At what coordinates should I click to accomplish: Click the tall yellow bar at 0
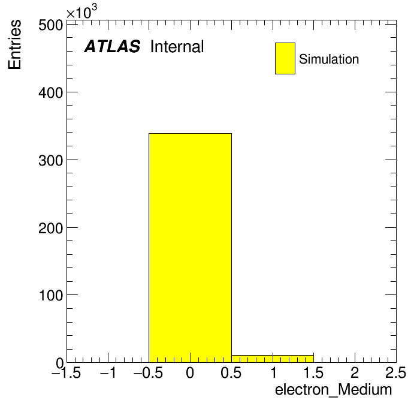point(190,248)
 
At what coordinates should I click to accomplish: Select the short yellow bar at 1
point(273,359)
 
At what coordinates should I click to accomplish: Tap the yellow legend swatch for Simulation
point(285,58)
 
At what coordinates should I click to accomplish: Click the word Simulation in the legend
point(329,59)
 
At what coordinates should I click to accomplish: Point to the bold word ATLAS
point(112,46)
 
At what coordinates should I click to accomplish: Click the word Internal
point(177,46)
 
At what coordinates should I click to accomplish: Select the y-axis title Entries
point(14,44)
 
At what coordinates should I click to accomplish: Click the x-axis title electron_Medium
point(334,390)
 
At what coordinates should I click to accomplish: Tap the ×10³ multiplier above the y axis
point(81,12)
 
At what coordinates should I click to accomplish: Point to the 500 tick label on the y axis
point(50,26)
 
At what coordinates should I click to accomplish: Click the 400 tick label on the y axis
point(50,93)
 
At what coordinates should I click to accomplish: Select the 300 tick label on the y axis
point(50,161)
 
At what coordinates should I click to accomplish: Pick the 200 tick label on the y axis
point(50,228)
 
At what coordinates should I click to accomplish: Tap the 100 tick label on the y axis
point(50,296)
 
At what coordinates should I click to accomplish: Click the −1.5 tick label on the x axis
point(67,372)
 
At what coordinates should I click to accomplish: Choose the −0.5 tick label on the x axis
point(149,372)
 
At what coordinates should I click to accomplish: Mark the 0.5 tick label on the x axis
point(231,372)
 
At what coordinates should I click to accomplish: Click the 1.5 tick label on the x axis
point(313,372)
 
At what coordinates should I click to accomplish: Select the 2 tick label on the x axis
point(355,372)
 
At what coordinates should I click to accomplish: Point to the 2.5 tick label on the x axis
point(395,372)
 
